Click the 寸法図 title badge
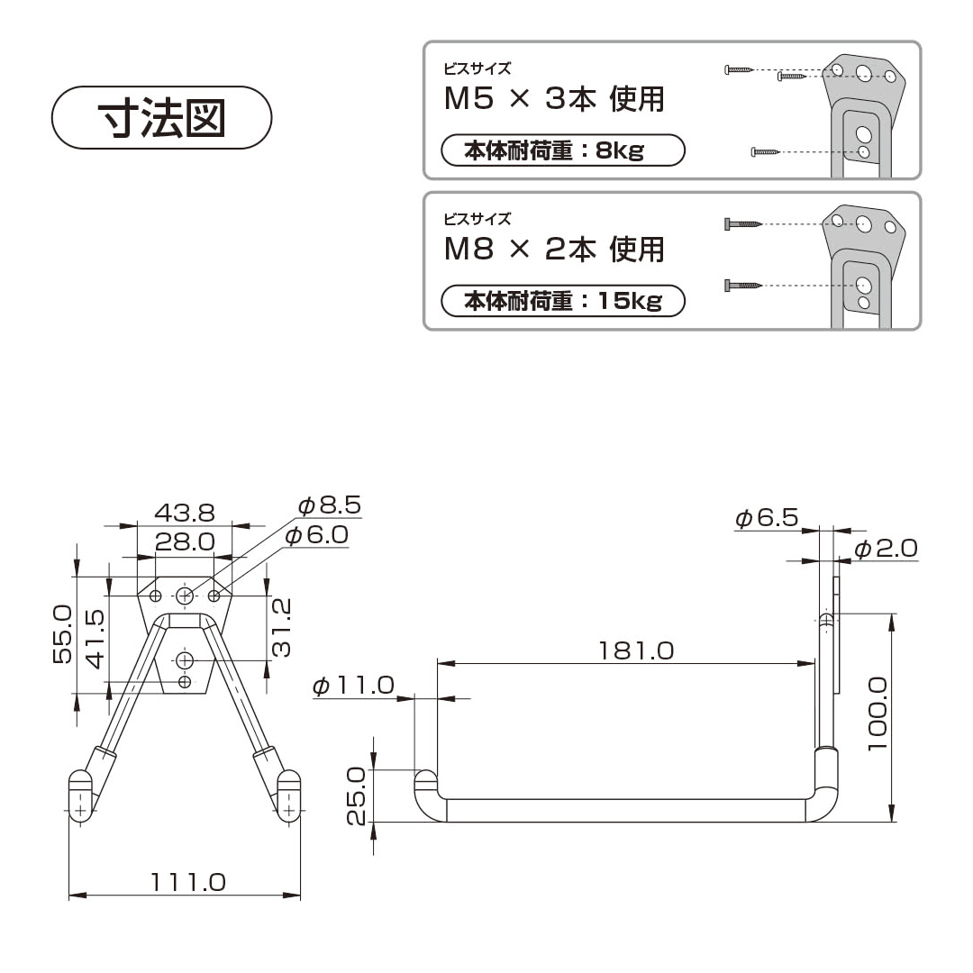click(161, 117)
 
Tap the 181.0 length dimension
click(636, 650)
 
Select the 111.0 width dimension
click(188, 882)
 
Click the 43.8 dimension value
click(185, 514)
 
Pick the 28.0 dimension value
click(185, 541)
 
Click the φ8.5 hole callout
click(330, 505)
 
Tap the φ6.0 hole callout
click(317, 535)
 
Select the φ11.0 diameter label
click(354, 685)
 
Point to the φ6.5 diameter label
click(767, 517)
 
